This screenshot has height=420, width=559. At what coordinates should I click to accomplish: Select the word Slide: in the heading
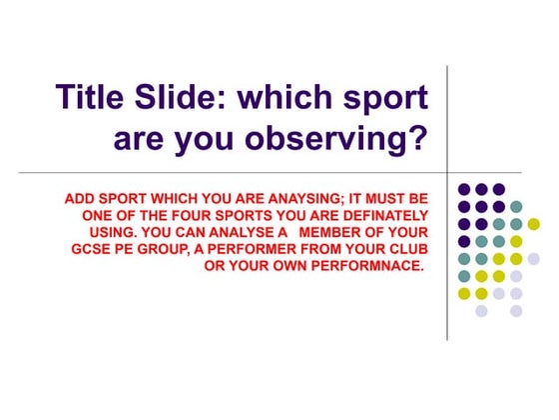(193, 98)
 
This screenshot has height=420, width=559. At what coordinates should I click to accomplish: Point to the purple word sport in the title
(382, 98)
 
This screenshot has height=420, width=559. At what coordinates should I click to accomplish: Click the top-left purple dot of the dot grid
(463, 189)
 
